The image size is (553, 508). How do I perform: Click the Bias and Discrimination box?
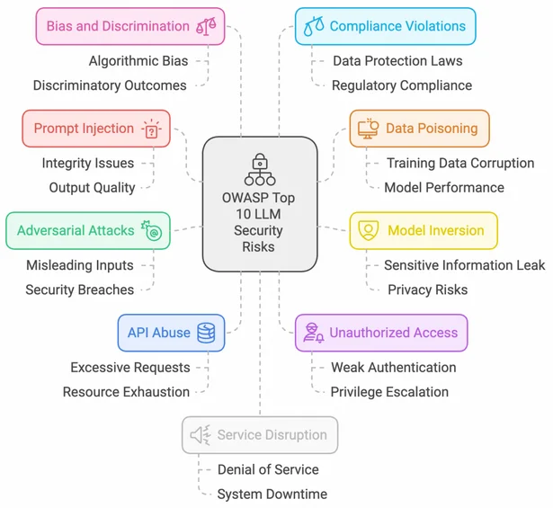pyautogui.click(x=129, y=26)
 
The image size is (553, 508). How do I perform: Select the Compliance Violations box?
pyautogui.click(x=386, y=26)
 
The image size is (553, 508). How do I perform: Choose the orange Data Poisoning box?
pyautogui.click(x=419, y=129)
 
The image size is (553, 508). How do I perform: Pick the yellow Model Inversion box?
pyautogui.click(x=423, y=230)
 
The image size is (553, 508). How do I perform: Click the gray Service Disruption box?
pyautogui.click(x=259, y=435)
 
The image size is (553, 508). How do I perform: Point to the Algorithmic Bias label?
pyautogui.click(x=138, y=61)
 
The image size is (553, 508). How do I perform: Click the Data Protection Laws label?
pyautogui.click(x=397, y=61)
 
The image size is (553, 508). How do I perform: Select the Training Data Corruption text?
pyautogui.click(x=459, y=164)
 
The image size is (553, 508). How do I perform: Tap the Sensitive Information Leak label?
pyautogui.click(x=464, y=265)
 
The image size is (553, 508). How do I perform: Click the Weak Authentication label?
pyautogui.click(x=393, y=368)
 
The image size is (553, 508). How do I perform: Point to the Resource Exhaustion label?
pyautogui.click(x=126, y=392)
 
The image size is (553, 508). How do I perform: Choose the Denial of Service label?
pyautogui.click(x=268, y=469)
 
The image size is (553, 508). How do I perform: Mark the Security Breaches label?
pyautogui.click(x=80, y=290)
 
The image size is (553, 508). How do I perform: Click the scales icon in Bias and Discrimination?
pyautogui.click(x=206, y=27)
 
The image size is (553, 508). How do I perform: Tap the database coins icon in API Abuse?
pyautogui.click(x=207, y=333)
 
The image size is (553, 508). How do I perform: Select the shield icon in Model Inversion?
pyautogui.click(x=368, y=230)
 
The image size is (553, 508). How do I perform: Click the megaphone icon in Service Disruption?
pyautogui.click(x=200, y=435)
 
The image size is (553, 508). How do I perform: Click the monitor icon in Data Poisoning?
pyautogui.click(x=368, y=129)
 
